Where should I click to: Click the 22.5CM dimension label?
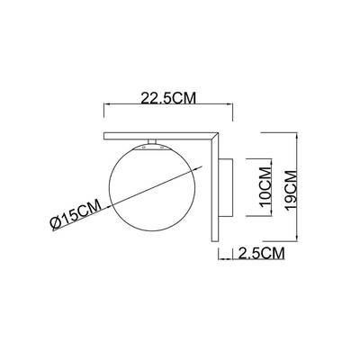coord(168,98)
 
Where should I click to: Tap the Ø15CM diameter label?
coord(76,215)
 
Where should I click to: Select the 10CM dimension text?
coord(266,187)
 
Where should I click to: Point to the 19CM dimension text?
coord(292,191)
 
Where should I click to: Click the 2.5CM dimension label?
coord(261,253)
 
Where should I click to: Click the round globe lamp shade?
coord(152,189)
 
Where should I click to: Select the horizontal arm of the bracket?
coord(160,136)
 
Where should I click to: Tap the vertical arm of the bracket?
coord(214,187)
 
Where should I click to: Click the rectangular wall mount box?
coord(225,187)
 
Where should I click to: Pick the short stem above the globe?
coord(152,141)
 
